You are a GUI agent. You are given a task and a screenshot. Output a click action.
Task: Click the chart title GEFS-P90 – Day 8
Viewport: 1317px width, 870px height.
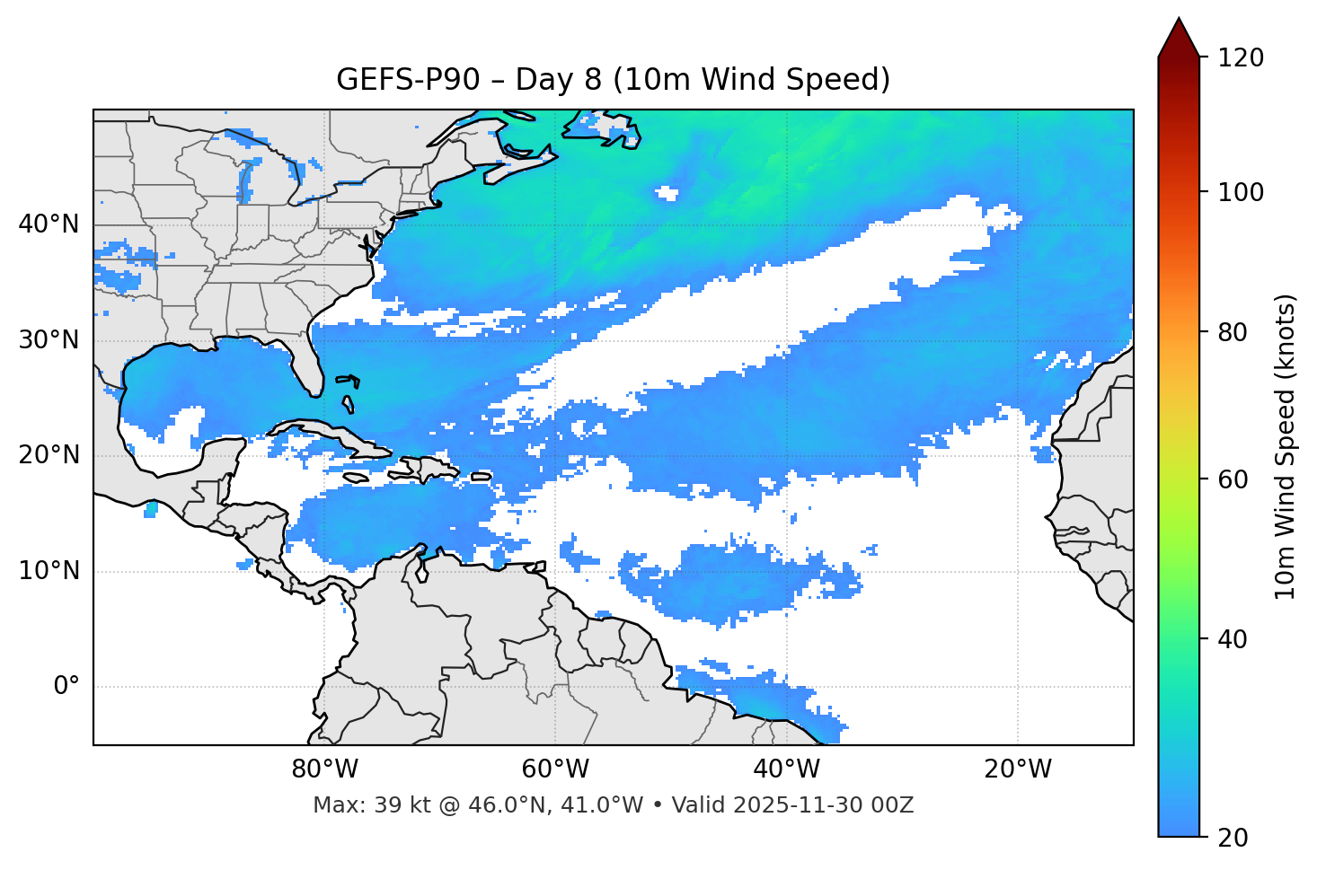[613, 80]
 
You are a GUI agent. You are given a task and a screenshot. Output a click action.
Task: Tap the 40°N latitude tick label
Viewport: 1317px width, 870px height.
[49, 224]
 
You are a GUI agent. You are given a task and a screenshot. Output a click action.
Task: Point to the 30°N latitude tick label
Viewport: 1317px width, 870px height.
[49, 340]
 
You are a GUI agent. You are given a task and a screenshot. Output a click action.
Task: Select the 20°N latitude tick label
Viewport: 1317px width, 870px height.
[49, 455]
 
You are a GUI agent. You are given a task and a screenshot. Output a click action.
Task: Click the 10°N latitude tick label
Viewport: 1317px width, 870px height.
[49, 571]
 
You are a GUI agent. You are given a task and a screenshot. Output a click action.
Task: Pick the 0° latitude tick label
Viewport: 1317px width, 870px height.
[66, 687]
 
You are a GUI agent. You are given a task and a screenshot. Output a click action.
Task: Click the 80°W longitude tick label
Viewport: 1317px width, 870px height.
[324, 769]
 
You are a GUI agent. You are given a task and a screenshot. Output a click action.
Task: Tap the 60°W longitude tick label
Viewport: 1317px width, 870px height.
[555, 769]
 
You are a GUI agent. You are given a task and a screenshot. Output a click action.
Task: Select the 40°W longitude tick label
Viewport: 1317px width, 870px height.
[786, 769]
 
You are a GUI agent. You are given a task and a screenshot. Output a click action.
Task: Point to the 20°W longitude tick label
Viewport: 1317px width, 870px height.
[1017, 769]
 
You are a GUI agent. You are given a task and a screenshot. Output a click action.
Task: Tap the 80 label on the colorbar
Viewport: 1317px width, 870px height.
[1237, 332]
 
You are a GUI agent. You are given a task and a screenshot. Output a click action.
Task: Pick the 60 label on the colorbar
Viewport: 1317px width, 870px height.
[1237, 479]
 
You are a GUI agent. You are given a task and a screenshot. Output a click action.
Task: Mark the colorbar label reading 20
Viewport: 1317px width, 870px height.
[1237, 838]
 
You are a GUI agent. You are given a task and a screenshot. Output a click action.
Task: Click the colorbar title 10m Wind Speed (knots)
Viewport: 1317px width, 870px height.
[1286, 446]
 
